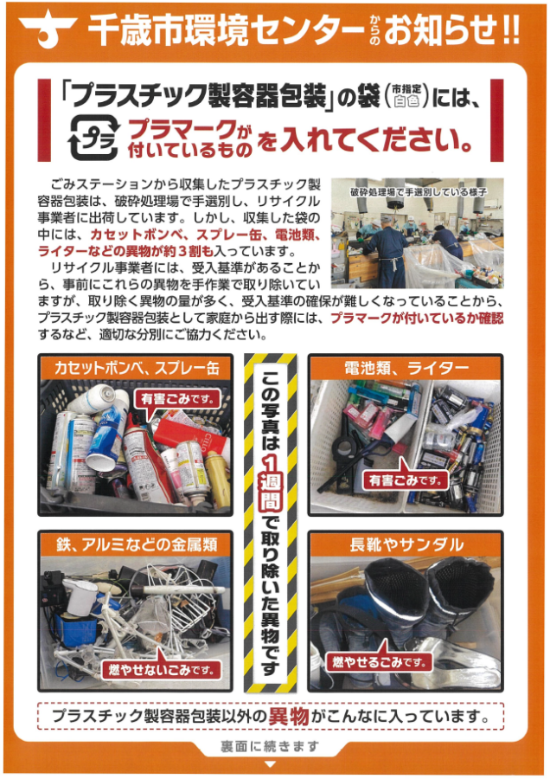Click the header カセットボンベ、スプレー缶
point(136,368)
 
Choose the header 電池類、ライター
point(406,368)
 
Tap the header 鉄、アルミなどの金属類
point(136,545)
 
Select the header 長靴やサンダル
point(406,545)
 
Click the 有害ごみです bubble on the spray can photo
point(176,398)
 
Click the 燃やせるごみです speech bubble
point(380,661)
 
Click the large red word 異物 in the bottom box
point(288,716)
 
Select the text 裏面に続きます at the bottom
point(270,746)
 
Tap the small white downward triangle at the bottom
point(270,764)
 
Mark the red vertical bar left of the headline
point(44,120)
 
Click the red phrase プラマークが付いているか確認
point(417,318)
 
